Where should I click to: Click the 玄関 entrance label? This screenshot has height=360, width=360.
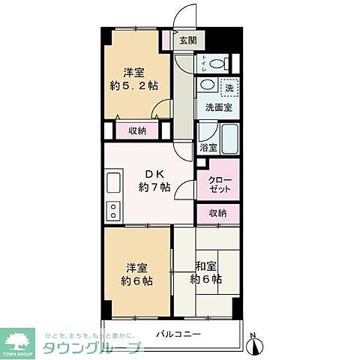[x=187, y=41]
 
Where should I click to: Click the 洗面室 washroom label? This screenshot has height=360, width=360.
[x=218, y=107]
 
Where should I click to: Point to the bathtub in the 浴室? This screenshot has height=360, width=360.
[x=226, y=136]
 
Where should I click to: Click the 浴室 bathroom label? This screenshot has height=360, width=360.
[x=207, y=148]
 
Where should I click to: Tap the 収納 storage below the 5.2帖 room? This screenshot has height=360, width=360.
[x=137, y=130]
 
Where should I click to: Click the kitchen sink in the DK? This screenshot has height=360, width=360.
[x=114, y=183]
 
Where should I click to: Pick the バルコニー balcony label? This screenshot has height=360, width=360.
[x=178, y=334]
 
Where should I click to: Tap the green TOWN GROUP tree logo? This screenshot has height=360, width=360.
[x=21, y=342]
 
